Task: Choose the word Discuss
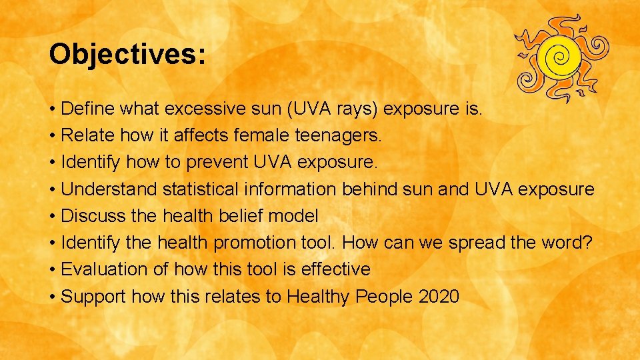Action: pos(89,216)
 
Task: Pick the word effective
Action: pos(336,269)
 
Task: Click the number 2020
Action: pos(439,296)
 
